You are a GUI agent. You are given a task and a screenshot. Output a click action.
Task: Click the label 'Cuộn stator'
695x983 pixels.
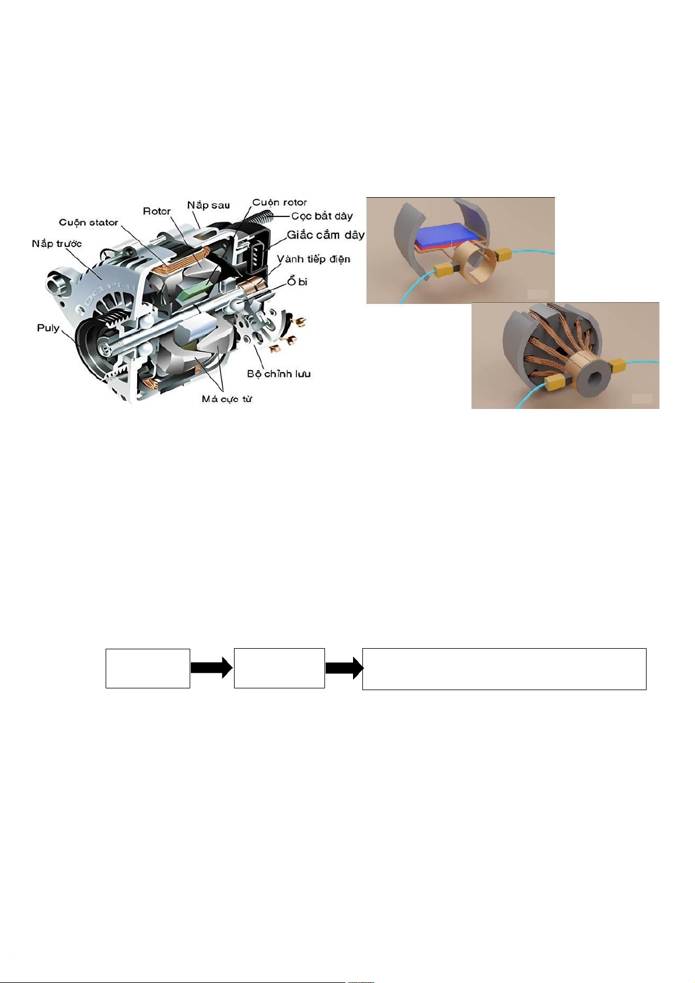[89, 222]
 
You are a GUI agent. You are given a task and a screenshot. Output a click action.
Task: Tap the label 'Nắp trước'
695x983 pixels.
[57, 243]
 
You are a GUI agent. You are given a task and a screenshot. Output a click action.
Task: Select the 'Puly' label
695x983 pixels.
[48, 328]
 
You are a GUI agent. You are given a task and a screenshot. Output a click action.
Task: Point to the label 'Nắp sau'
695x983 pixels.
[208, 205]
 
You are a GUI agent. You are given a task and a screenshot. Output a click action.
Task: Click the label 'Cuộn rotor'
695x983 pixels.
[280, 202]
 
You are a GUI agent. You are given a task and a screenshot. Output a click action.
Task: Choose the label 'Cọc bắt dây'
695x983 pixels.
[322, 216]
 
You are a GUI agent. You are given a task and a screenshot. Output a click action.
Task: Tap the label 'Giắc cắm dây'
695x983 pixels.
[326, 235]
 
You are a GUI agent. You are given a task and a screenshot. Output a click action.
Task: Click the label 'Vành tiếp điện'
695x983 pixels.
[313, 259]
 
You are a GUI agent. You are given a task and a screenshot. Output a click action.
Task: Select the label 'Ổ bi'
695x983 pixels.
[297, 281]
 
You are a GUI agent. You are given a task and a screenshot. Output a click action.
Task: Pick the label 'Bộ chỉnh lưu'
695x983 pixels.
[279, 374]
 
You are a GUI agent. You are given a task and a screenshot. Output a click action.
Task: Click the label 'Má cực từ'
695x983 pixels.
[226, 399]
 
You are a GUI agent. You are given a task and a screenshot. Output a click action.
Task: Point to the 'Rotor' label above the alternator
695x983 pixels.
[157, 212]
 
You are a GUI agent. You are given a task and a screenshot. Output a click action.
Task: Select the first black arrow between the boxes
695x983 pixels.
[212, 668]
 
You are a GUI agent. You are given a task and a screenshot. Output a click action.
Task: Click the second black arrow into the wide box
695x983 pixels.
[344, 668]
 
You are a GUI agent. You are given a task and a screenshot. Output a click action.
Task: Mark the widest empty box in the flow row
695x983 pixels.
[504, 669]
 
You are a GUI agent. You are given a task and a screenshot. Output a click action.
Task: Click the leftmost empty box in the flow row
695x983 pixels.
[148, 669]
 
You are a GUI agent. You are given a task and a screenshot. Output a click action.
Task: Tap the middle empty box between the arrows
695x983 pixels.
[280, 669]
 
